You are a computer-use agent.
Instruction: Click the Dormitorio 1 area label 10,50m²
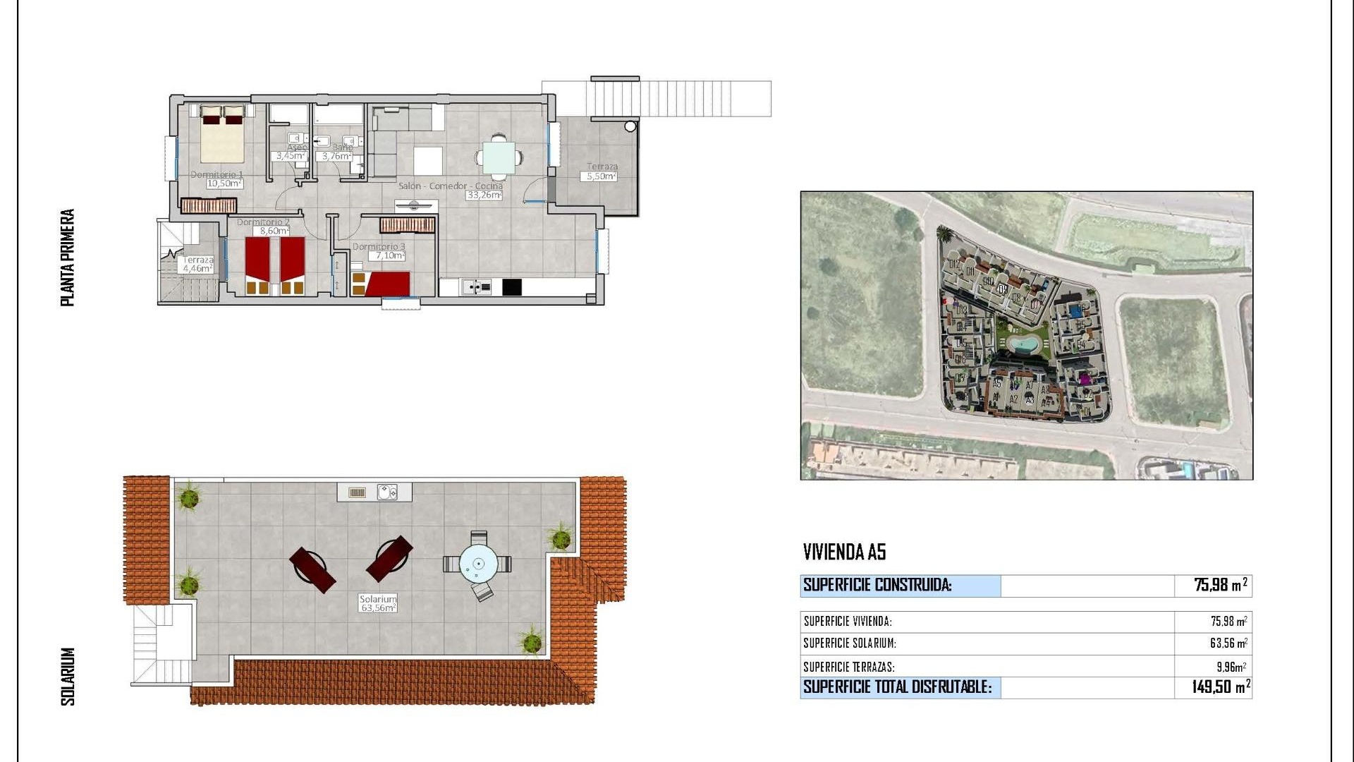pyautogui.click(x=224, y=183)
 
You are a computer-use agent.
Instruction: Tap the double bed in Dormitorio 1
pyautogui.click(x=222, y=134)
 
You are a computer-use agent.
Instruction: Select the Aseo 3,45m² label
pyautogui.click(x=290, y=155)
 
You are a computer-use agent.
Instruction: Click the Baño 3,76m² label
pyautogui.click(x=336, y=155)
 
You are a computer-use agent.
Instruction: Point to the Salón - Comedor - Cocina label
pyautogui.click(x=450, y=186)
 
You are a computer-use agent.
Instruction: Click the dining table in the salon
pyautogui.click(x=499, y=157)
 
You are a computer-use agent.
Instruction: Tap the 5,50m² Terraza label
pyautogui.click(x=602, y=176)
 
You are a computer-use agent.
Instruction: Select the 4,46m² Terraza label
pyautogui.click(x=197, y=268)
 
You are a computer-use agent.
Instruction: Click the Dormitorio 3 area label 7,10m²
pyautogui.click(x=388, y=255)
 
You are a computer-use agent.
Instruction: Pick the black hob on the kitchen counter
pyautogui.click(x=512, y=287)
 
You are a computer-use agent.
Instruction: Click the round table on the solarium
pyautogui.click(x=479, y=564)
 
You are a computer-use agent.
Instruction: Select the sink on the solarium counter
pyautogui.click(x=387, y=492)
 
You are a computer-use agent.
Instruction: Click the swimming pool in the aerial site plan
pyautogui.click(x=1022, y=345)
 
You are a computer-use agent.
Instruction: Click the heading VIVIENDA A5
pyautogui.click(x=844, y=552)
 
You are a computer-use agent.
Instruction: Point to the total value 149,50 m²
pyautogui.click(x=1221, y=687)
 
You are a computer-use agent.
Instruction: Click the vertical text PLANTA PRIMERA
pyautogui.click(x=68, y=258)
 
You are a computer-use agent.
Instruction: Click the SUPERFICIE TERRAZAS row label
pyautogui.click(x=849, y=667)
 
